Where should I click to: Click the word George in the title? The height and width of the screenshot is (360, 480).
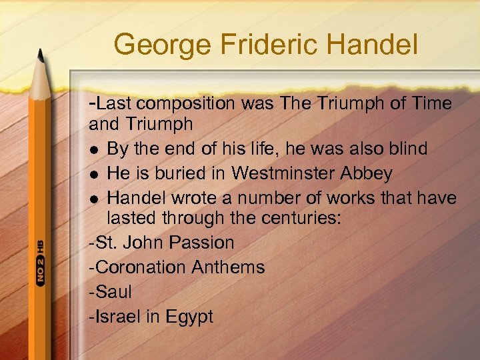pyautogui.click(x=157, y=45)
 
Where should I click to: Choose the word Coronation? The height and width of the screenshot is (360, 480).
pyautogui.click(x=141, y=267)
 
